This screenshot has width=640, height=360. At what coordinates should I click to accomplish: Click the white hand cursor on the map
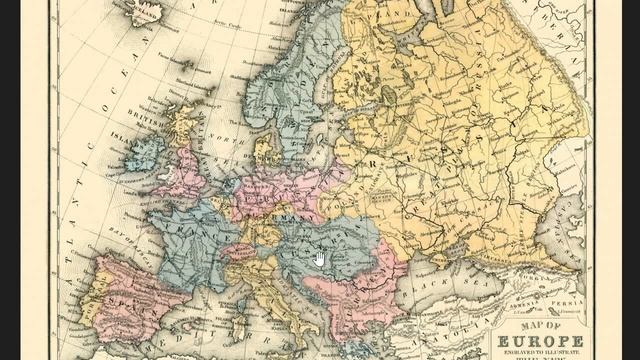point(320,259)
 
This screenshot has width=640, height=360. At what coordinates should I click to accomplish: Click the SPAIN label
point(125,299)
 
